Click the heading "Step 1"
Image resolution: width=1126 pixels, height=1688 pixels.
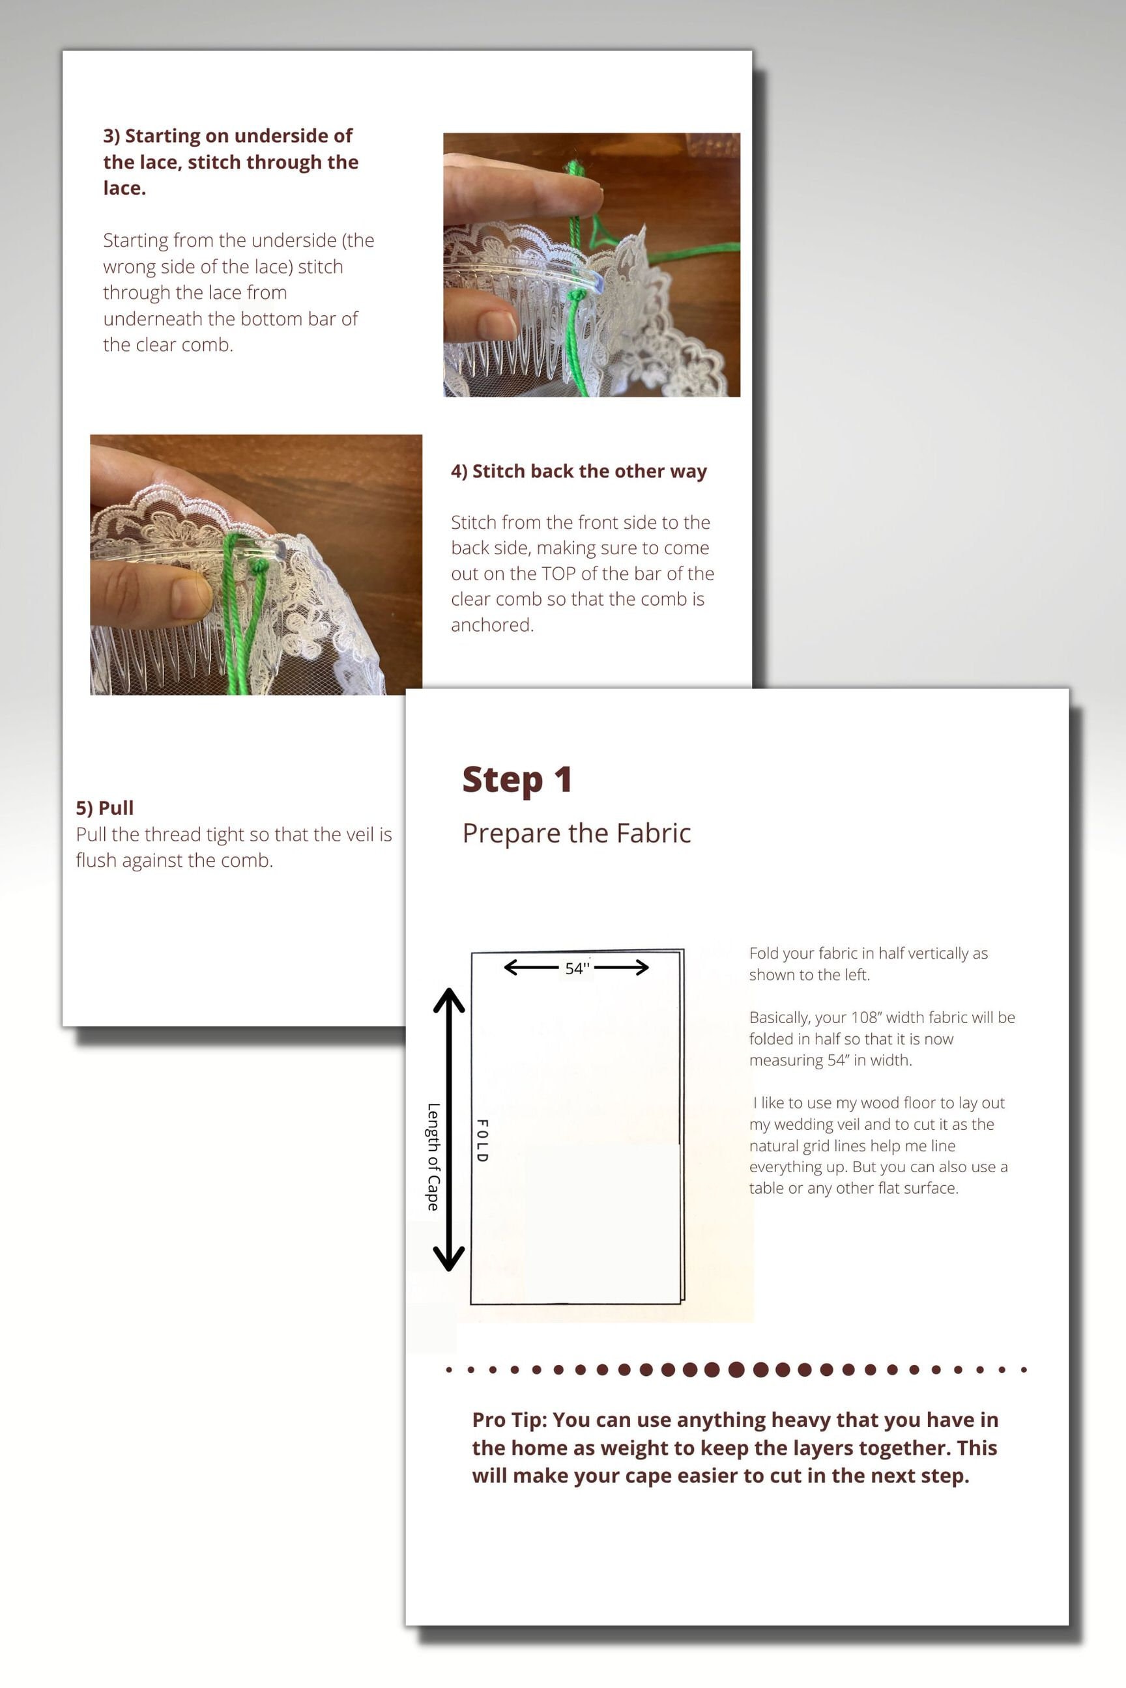click(x=517, y=780)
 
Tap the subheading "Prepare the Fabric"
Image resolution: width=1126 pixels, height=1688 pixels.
click(x=577, y=833)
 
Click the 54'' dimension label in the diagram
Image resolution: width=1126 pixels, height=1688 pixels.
click(x=577, y=968)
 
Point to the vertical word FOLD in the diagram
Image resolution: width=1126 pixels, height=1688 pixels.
click(x=483, y=1140)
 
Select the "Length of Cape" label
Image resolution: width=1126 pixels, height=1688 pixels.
click(x=433, y=1157)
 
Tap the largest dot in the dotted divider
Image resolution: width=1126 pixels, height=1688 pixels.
click(x=736, y=1370)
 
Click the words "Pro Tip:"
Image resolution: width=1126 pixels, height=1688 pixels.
click(x=510, y=1420)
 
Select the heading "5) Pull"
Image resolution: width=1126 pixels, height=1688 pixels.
click(x=105, y=808)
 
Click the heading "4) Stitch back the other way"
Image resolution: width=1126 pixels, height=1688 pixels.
click(x=579, y=471)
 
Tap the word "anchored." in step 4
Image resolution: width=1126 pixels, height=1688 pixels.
click(x=493, y=625)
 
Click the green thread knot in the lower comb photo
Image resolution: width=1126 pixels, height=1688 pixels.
click(x=259, y=567)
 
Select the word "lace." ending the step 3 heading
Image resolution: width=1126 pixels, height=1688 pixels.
click(x=124, y=188)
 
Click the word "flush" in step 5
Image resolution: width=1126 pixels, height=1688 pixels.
click(x=96, y=860)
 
